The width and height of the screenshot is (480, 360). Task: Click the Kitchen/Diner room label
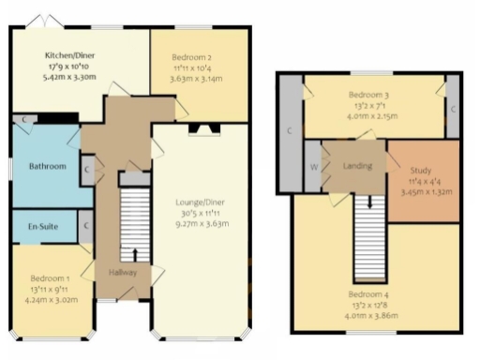point(58,54)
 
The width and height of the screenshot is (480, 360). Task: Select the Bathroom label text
point(47,166)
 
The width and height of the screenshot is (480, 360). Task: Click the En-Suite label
point(39,226)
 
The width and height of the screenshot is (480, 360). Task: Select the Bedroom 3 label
point(373,95)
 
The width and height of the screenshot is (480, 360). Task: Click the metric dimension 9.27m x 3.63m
point(199,224)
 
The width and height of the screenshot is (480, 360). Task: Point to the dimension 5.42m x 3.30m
point(58,79)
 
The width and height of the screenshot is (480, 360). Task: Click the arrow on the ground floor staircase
point(134,252)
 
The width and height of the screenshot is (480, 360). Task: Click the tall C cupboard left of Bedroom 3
point(289,130)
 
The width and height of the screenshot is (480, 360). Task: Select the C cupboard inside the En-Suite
point(86,226)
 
